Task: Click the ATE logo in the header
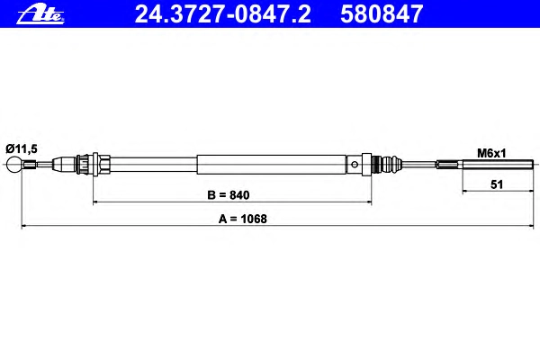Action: (x=40, y=15)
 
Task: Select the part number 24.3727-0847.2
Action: (x=223, y=14)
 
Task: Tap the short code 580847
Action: (x=382, y=14)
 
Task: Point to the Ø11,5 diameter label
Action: (x=22, y=148)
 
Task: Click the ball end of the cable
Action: (x=14, y=165)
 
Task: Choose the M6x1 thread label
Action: (x=491, y=153)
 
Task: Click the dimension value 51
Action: (x=497, y=184)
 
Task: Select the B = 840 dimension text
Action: (x=229, y=195)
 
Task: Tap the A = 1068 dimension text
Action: (x=242, y=219)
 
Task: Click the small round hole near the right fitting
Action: (x=355, y=165)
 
